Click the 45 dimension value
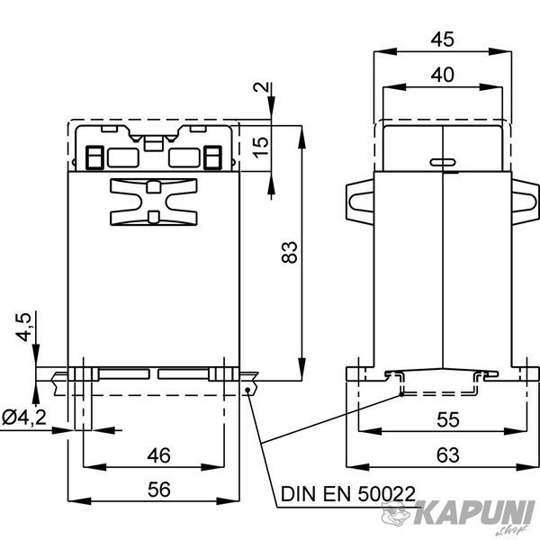tap(443, 40)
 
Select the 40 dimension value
tap(443, 75)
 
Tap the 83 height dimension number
tap(289, 252)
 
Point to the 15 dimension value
tap(261, 148)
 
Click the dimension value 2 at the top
tap(261, 86)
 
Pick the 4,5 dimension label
tap(24, 328)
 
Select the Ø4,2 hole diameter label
tap(24, 418)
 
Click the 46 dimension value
tap(158, 455)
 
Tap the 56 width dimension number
tap(159, 490)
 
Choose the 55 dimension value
tap(448, 419)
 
